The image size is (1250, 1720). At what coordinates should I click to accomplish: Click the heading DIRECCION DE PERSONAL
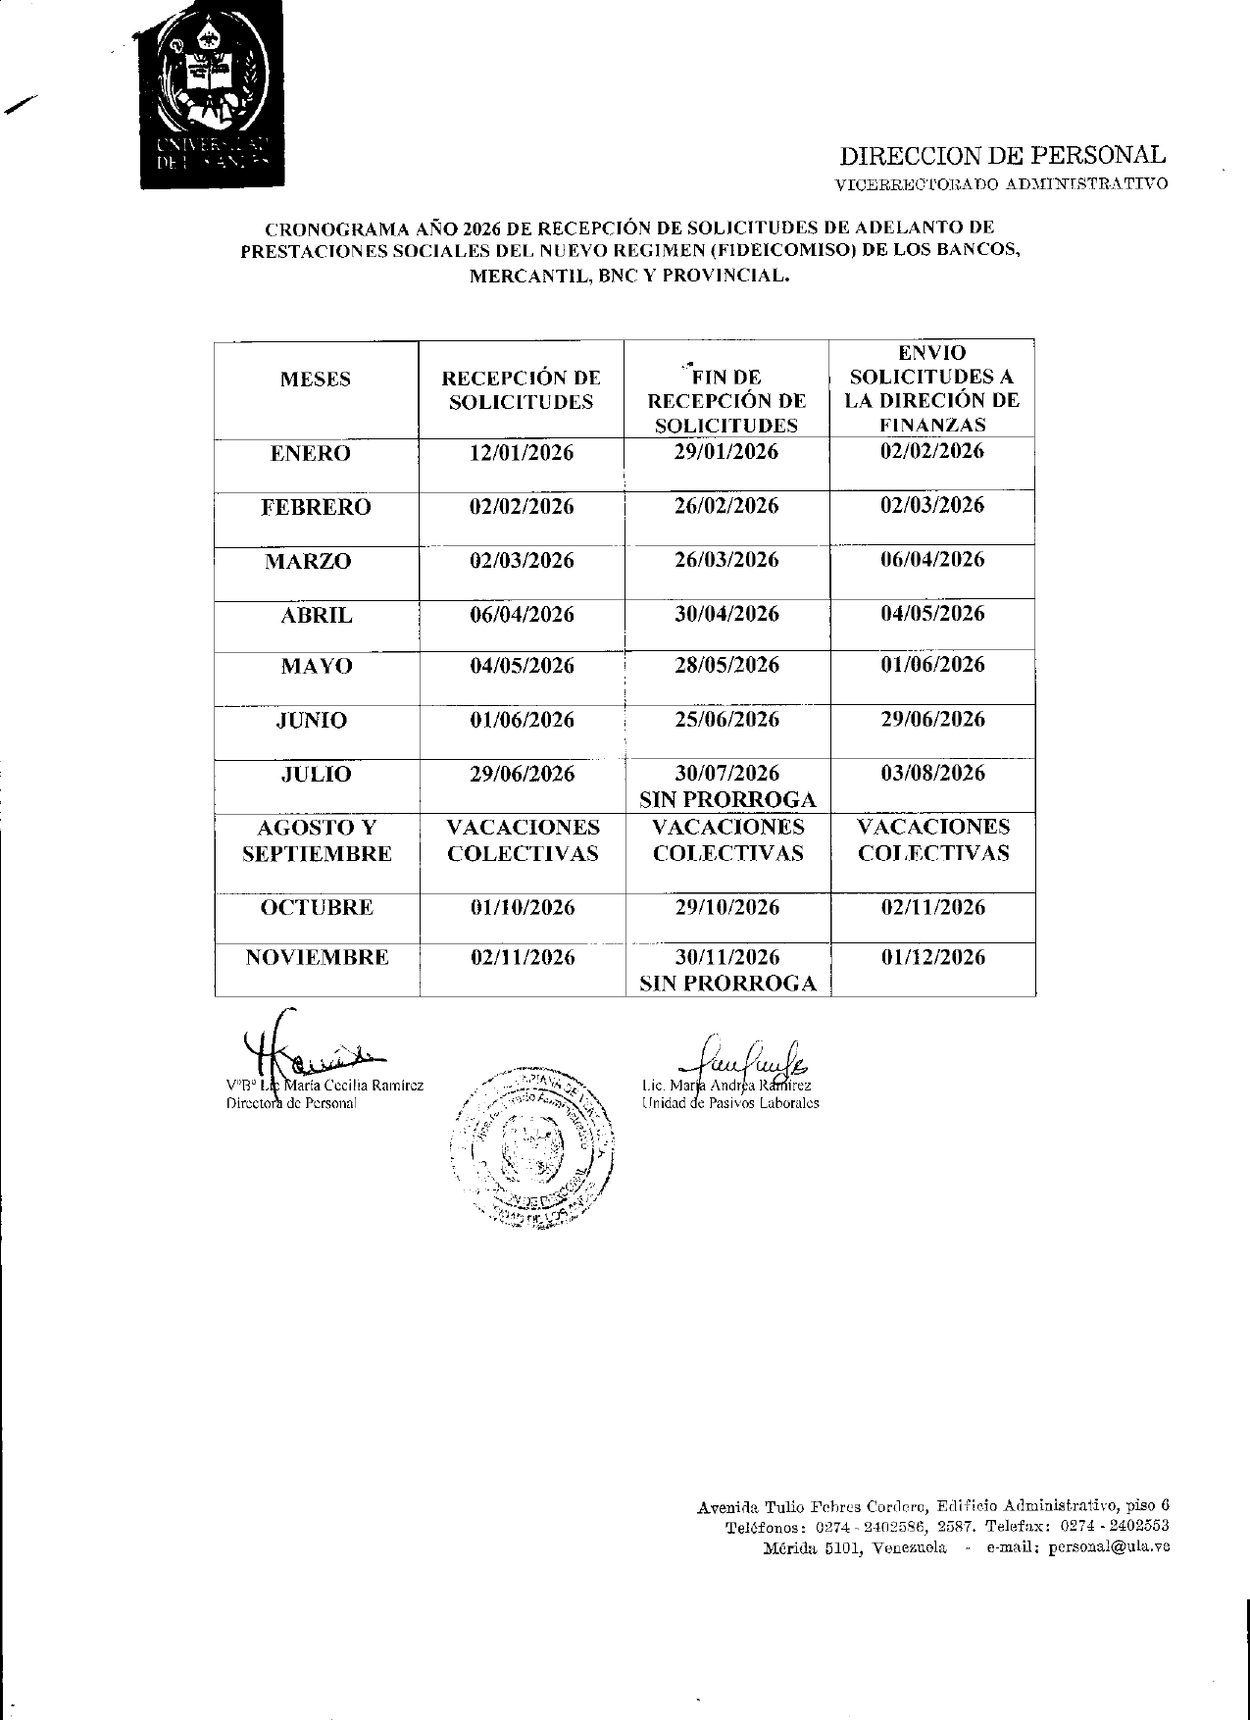click(1002, 155)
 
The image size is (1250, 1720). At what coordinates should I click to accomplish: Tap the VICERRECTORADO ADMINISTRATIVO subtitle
click(1001, 183)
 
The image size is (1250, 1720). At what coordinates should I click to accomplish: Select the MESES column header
click(316, 379)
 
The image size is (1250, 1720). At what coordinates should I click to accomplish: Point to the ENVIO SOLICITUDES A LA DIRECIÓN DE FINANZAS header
click(932, 388)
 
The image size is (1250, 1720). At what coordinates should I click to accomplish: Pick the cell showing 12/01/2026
click(522, 453)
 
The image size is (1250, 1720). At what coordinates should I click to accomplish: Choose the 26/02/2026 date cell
click(726, 506)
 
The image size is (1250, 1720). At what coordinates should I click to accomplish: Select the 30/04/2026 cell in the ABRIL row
click(726, 614)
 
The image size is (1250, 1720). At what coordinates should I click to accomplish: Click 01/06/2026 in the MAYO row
click(932, 665)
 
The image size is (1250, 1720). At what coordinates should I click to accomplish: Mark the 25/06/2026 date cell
click(726, 720)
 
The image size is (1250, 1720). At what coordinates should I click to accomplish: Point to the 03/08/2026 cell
click(932, 774)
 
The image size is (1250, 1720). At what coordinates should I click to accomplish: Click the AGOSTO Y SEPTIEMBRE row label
click(317, 840)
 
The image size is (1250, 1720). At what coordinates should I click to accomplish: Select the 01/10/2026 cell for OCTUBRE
click(522, 907)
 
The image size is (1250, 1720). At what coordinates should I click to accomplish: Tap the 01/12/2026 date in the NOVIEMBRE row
click(932, 957)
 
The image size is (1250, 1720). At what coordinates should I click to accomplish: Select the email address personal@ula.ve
click(1108, 1547)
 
